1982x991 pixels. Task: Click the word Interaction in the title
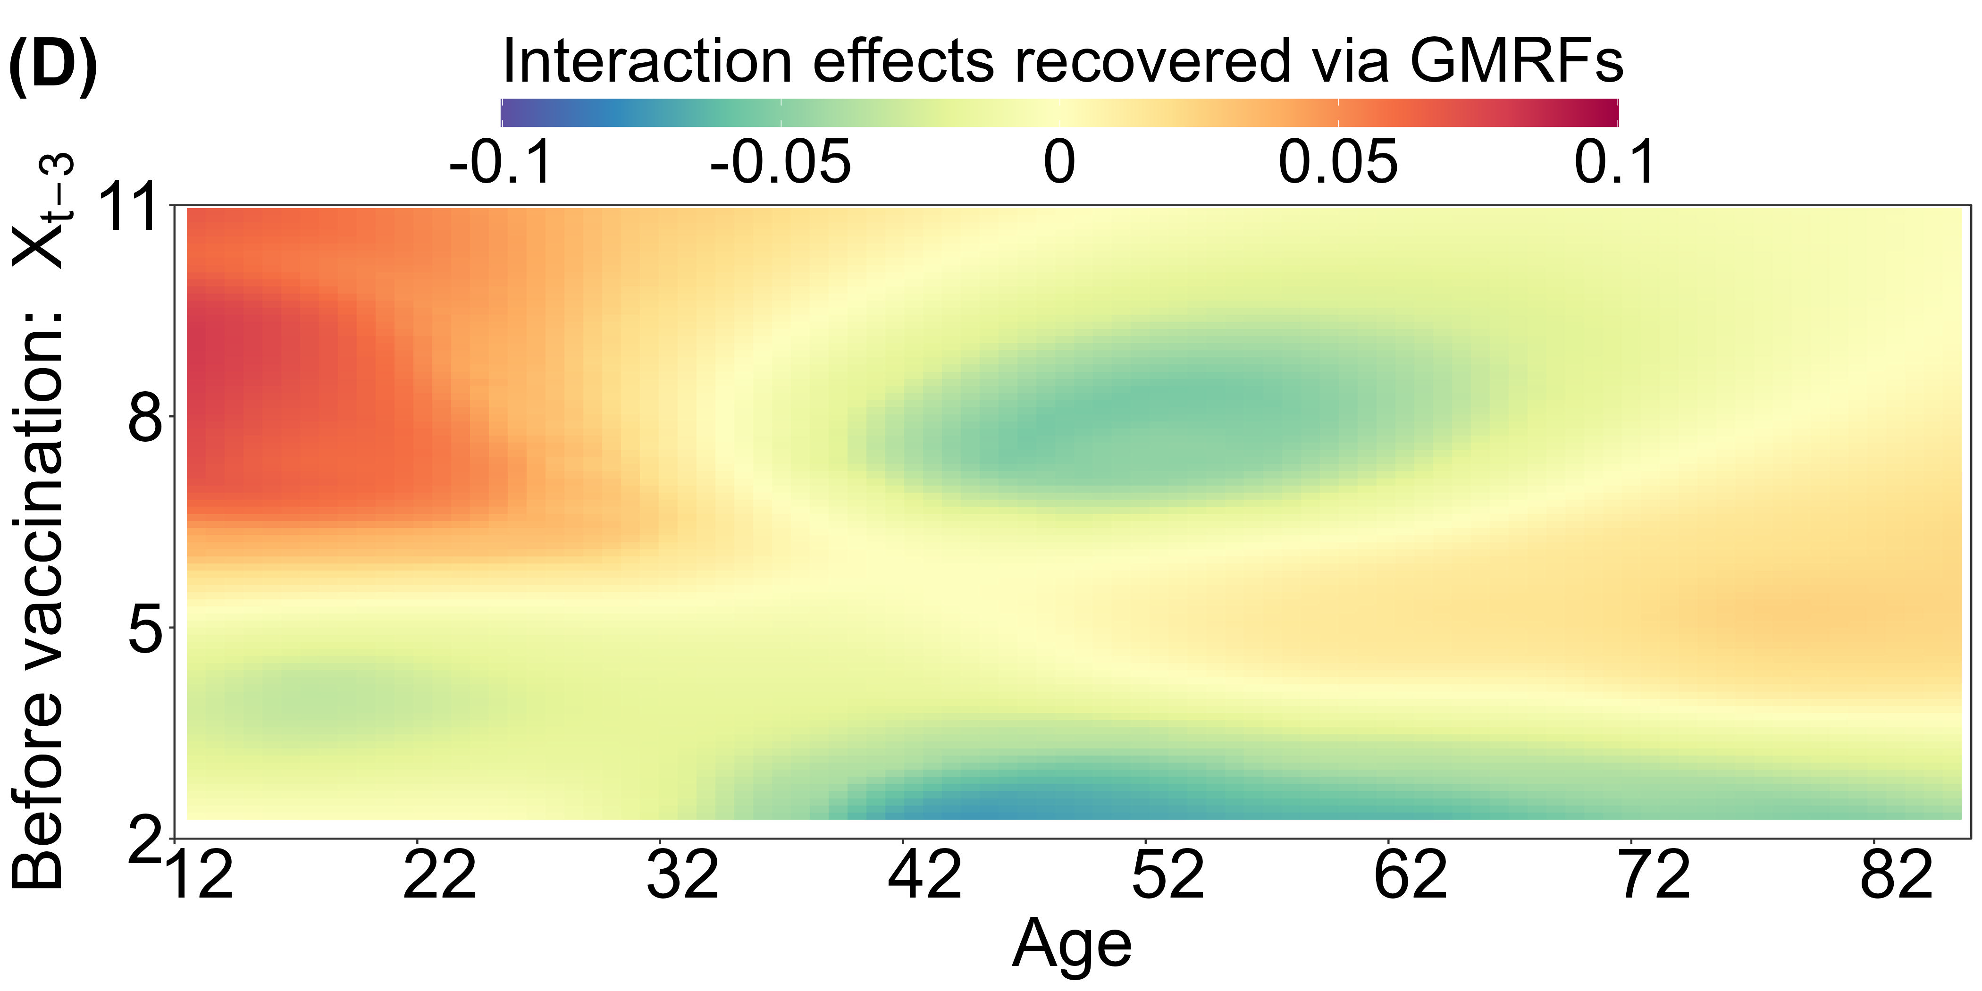pos(647,61)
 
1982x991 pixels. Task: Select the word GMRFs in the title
pos(1516,61)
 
